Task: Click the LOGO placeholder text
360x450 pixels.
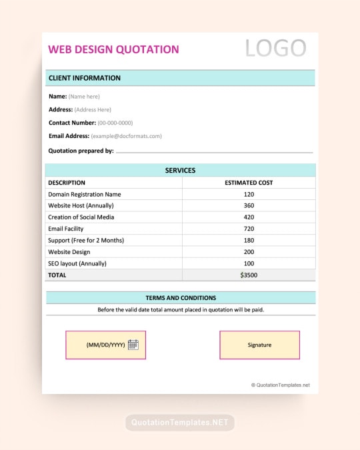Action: coord(275,49)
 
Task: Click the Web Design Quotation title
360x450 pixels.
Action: coord(113,49)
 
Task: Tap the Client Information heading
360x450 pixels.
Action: coord(85,78)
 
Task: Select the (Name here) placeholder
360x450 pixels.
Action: coord(84,97)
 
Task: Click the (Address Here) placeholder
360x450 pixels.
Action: coord(93,110)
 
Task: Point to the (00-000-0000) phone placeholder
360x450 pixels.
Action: coord(115,123)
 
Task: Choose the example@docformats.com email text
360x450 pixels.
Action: coord(126,136)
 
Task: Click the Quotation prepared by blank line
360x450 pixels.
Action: coord(214,152)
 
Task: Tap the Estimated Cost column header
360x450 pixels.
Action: coord(249,183)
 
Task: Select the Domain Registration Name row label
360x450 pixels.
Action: coord(84,194)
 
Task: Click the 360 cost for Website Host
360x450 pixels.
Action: coord(249,205)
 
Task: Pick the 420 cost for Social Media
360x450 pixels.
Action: coord(249,217)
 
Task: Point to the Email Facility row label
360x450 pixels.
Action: coord(65,229)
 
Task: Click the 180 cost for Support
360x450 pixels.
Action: coord(249,240)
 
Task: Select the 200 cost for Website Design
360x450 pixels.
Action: coord(249,252)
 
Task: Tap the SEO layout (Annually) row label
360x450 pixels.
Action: coord(77,263)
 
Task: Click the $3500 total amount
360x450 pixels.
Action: coord(249,275)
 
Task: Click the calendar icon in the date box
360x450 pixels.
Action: coord(133,345)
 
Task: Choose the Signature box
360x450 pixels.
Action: coord(259,345)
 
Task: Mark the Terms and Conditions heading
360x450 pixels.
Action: coord(181,298)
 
